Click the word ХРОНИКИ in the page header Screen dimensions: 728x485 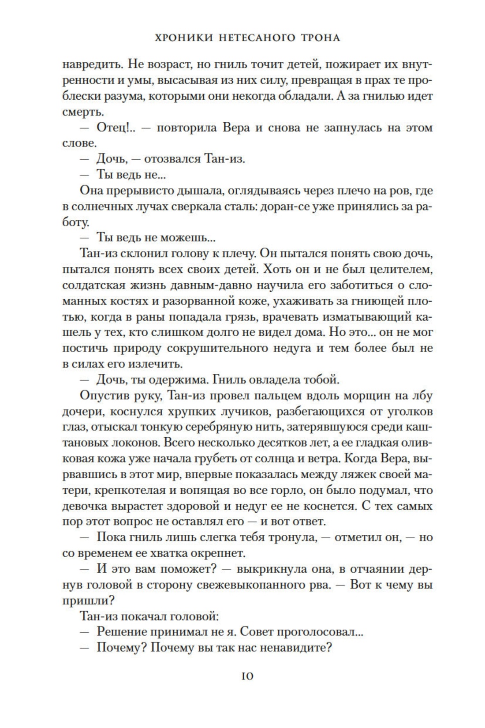182,38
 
